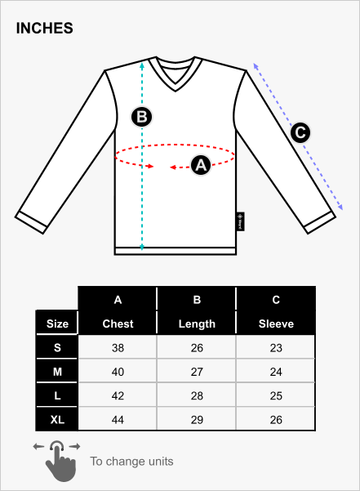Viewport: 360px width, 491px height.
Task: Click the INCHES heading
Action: pos(44,28)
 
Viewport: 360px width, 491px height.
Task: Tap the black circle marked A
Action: pos(201,165)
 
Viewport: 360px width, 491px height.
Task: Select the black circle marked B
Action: pos(142,117)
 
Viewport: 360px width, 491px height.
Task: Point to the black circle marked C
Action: pos(300,132)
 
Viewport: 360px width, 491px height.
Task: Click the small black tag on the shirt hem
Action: pos(240,221)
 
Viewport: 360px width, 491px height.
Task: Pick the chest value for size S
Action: pos(118,348)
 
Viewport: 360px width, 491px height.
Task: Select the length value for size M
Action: pos(197,372)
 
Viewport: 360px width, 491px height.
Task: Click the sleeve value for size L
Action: pos(276,395)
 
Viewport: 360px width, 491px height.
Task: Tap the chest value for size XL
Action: pos(118,420)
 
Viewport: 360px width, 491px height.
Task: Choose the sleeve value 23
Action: pos(276,348)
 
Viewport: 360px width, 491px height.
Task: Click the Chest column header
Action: pos(118,324)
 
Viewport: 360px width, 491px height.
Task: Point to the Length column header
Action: pos(197,324)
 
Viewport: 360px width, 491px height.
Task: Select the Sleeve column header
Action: pos(276,324)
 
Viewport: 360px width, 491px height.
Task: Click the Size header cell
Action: pos(57,324)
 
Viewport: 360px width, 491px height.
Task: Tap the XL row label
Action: pos(57,420)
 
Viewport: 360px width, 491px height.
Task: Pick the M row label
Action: pos(57,372)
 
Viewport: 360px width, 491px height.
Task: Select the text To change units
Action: pos(131,462)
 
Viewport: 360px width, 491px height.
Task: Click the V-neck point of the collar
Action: pos(176,91)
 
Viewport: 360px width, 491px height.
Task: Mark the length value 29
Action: pos(197,420)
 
